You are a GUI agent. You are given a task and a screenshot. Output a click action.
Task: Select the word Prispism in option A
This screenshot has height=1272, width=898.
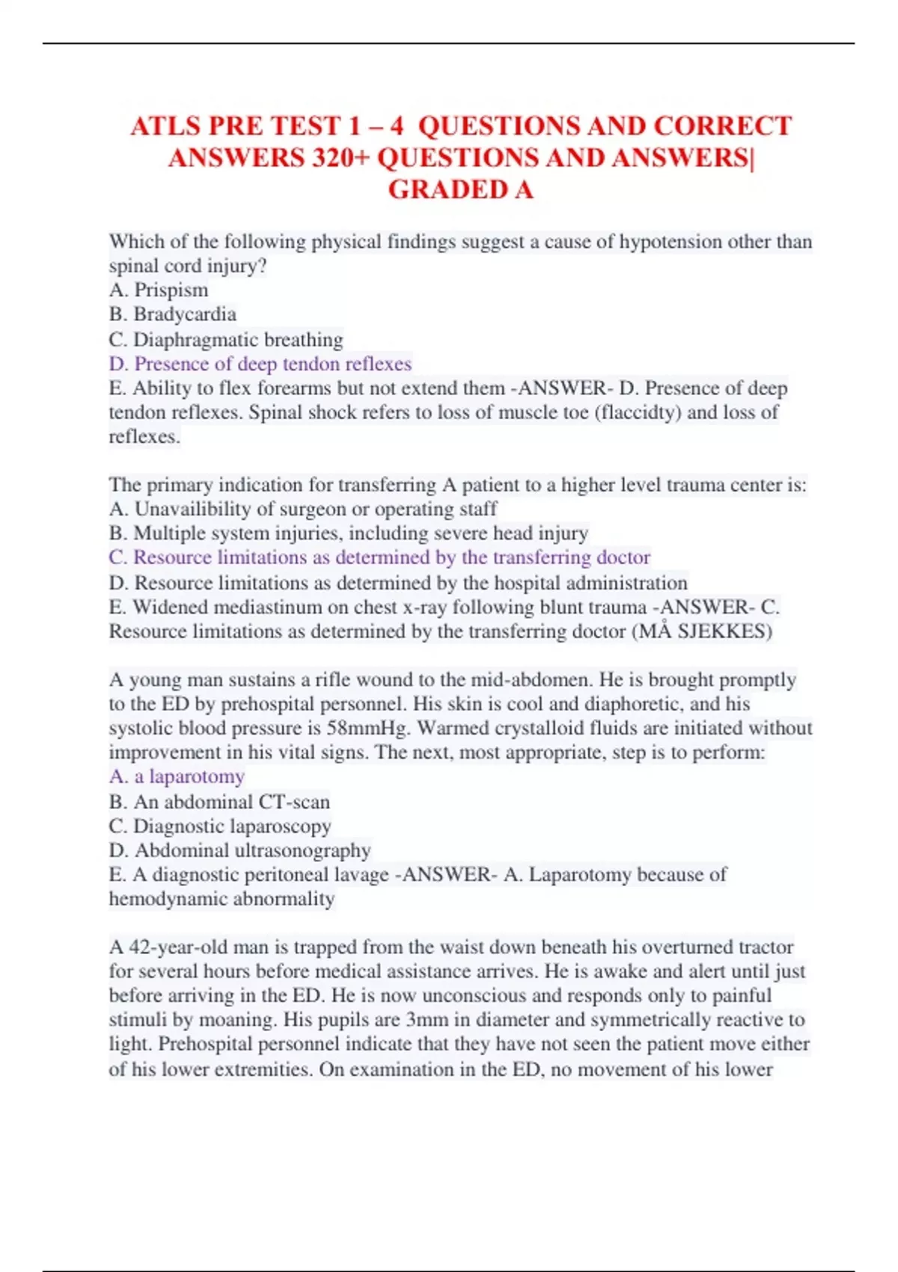tap(171, 290)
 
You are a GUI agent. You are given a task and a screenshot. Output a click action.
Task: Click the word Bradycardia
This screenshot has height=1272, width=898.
tap(185, 314)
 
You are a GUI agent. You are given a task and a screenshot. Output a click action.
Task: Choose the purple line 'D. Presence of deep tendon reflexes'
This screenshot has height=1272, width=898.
tap(260, 364)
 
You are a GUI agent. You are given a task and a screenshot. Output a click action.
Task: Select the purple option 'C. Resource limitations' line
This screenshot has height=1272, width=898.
tap(379, 557)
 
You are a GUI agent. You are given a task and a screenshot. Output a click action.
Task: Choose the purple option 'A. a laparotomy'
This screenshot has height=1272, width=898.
tap(177, 777)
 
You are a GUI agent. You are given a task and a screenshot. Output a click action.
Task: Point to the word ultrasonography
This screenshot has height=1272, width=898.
tap(302, 850)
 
